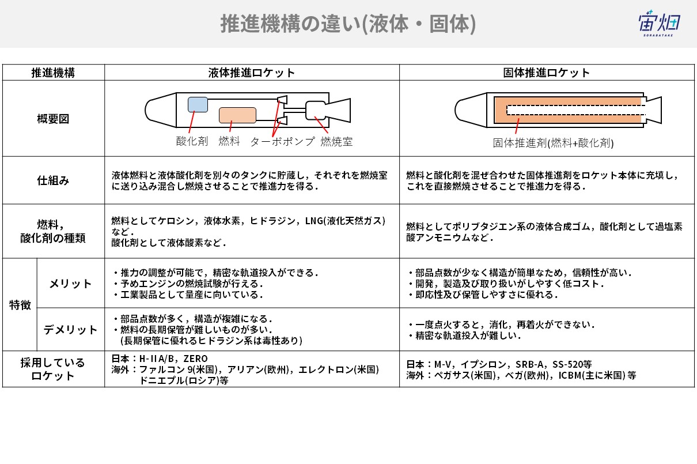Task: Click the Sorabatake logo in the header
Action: [659, 24]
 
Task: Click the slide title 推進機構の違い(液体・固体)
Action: [348, 24]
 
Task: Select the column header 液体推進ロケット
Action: [251, 73]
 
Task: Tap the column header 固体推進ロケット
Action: [547, 73]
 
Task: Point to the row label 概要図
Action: [53, 119]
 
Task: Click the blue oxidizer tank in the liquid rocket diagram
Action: [198, 105]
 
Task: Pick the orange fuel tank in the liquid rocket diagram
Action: [237, 115]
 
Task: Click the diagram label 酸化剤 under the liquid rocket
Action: [192, 141]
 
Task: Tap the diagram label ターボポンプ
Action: [282, 141]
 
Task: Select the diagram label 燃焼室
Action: [336, 141]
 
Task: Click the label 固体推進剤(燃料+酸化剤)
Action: [553, 143]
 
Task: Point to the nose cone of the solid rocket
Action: [471, 110]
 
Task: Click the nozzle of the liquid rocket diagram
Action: [338, 110]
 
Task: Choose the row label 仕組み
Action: [53, 180]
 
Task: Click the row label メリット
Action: [70, 284]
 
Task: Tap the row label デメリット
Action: [70, 330]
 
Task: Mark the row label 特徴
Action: [20, 305]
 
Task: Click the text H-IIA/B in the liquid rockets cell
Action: [156, 359]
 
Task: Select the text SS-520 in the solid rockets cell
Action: [567, 364]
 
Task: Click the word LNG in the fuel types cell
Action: [314, 221]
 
